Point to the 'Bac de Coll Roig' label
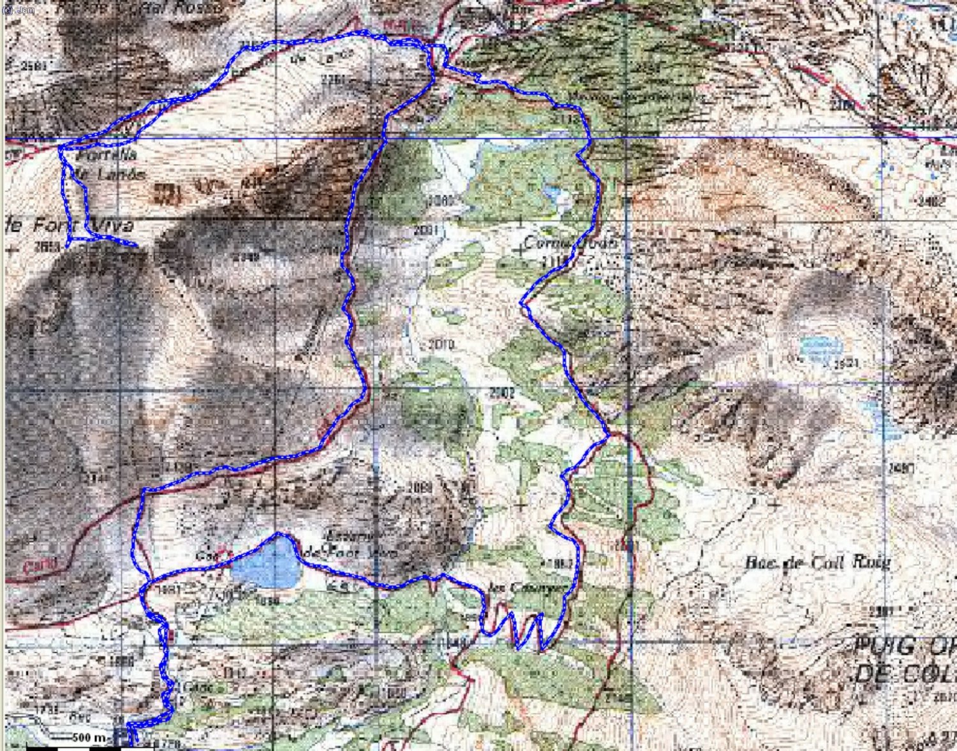click(817, 563)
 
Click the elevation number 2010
click(441, 345)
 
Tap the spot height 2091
click(426, 230)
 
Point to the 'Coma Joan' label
click(570, 242)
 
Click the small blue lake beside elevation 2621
click(820, 348)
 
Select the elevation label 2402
click(932, 202)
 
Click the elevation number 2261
click(334, 80)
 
